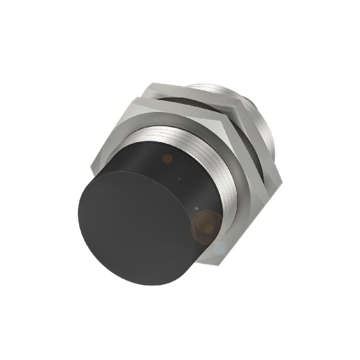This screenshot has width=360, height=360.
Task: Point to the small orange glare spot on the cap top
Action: [x=168, y=158]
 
